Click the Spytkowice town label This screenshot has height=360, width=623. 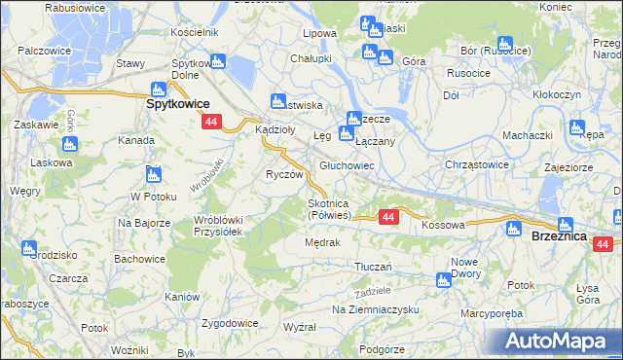[x=178, y=102]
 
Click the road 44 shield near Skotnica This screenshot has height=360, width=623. [x=387, y=216]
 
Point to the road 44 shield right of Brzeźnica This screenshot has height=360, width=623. [x=603, y=244]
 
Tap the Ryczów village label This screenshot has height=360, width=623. [x=285, y=174]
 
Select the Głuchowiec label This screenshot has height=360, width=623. [x=348, y=166]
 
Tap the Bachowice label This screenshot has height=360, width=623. [x=140, y=259]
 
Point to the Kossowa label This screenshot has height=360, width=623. [x=443, y=225]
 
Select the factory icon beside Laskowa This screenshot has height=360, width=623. [x=71, y=144]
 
